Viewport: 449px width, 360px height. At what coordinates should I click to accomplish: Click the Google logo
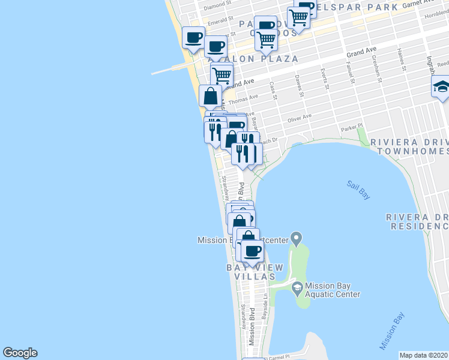pos(20,353)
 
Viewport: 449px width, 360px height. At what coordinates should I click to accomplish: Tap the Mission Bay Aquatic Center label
pos(333,290)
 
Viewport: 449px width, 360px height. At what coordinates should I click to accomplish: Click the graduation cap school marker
pos(441,87)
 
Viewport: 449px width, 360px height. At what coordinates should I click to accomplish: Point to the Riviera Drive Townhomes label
pos(409,146)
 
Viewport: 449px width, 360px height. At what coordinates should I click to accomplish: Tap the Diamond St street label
pos(217,7)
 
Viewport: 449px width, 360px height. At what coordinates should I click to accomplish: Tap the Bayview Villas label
pos(251,272)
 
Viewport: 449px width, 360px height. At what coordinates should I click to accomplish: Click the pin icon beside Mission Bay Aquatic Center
pos(297,289)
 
